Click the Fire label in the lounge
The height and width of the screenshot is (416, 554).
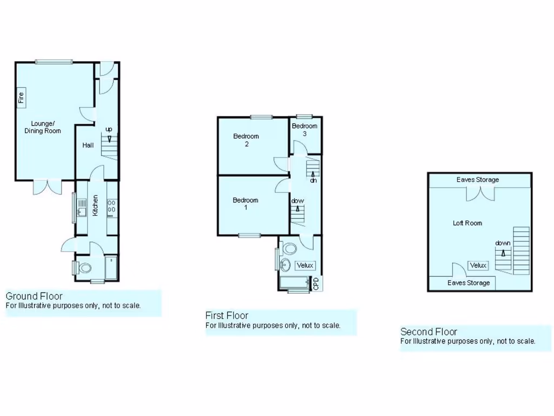[22, 97]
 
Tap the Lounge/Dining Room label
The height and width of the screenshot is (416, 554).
[43, 127]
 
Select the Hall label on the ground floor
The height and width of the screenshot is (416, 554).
[88, 145]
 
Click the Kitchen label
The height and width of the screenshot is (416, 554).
[96, 205]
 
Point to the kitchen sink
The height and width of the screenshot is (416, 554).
[81, 207]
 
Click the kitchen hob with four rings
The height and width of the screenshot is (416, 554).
[112, 207]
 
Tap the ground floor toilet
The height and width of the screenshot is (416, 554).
[85, 268]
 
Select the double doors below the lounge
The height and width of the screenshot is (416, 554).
[45, 187]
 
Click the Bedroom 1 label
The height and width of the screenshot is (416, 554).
[246, 204]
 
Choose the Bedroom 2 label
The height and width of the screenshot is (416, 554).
[246, 140]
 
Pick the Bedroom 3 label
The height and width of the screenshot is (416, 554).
[305, 129]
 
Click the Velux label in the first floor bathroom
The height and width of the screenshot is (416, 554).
[305, 265]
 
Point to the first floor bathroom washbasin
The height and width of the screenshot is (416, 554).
[285, 265]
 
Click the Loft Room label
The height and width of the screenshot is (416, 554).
[467, 223]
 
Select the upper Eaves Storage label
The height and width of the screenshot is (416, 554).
[478, 180]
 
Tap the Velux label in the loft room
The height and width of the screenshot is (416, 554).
[478, 265]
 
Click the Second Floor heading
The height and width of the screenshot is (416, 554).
[428, 331]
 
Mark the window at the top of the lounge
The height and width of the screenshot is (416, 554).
[54, 62]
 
